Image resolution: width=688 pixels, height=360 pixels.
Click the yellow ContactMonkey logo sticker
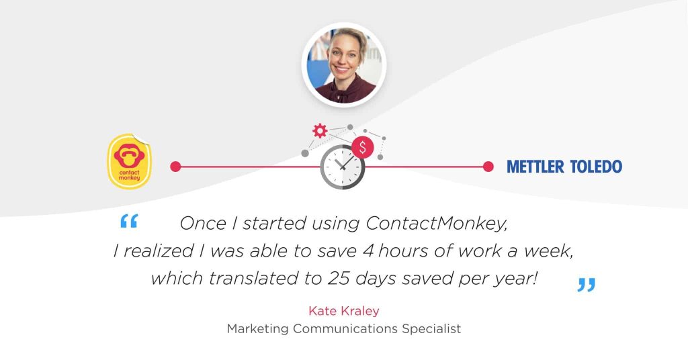(x=130, y=161)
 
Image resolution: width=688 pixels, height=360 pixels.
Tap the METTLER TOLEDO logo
(x=564, y=167)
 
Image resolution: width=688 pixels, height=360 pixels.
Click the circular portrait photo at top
(x=344, y=65)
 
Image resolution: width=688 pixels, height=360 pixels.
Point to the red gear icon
(x=320, y=130)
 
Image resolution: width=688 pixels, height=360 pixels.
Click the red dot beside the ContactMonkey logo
(x=175, y=167)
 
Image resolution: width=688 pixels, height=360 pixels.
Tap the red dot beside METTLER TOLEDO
(x=488, y=167)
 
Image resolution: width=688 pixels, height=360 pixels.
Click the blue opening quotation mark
(x=128, y=222)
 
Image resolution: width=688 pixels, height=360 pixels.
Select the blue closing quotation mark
(x=586, y=285)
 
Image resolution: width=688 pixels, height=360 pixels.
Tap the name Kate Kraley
(x=343, y=311)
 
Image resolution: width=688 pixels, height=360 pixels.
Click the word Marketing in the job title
(x=259, y=329)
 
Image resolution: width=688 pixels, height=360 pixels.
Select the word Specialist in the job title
(x=431, y=329)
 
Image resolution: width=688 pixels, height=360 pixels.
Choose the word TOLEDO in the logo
(x=595, y=167)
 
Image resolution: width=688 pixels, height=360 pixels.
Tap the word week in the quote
(x=546, y=251)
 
